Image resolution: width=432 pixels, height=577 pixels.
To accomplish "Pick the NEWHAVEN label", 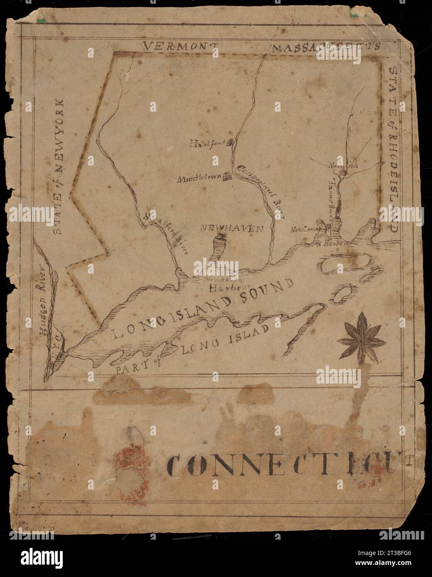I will pos(232,228).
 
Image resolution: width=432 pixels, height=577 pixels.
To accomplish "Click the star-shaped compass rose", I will pos(361,341).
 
